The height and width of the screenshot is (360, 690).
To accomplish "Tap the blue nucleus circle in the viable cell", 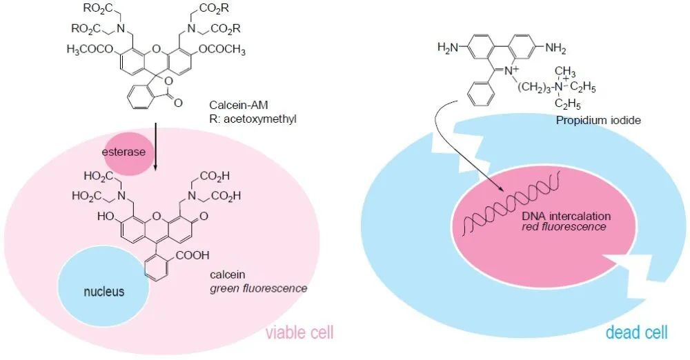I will coord(104,291).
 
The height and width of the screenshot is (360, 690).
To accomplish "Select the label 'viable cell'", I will coord(299,333).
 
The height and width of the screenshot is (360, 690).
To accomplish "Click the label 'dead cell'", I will coord(636,333).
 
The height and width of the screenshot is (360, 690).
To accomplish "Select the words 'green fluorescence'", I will coord(258,288).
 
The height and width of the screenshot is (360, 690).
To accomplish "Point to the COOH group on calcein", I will coord(199,254).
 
